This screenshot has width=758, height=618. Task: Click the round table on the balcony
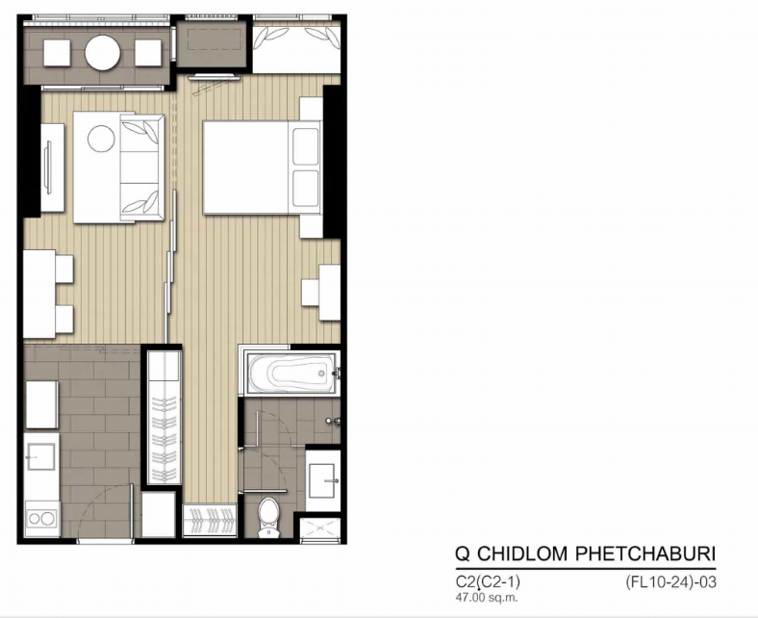point(103,53)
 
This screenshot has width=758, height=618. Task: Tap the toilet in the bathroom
point(268,517)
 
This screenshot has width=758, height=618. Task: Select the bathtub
point(291,373)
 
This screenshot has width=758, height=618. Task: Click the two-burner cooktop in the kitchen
point(41,518)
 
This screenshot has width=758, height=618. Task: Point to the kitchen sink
point(40,456)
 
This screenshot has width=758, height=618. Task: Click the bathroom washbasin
point(323,481)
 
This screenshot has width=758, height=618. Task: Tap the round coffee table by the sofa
point(101,139)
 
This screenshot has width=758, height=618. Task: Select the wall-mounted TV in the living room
point(47,167)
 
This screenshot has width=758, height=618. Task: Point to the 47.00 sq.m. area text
point(487,597)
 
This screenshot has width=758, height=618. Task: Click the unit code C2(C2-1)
point(488,581)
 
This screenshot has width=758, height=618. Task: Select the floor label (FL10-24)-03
point(670,581)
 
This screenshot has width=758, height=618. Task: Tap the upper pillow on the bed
point(306,146)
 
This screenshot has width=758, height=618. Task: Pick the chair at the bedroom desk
point(311,293)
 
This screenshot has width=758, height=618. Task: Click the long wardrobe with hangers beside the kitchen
point(164,417)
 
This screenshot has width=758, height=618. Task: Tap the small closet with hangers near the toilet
point(210,520)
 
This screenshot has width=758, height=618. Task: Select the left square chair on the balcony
point(57,53)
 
